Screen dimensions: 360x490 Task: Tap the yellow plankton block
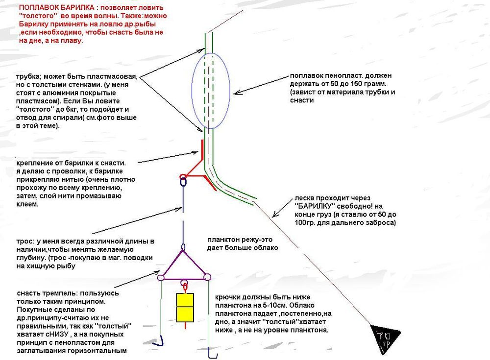(x=184, y=306)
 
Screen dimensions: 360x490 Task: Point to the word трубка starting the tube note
(x=27, y=77)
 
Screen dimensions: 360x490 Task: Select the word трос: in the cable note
(x=25, y=241)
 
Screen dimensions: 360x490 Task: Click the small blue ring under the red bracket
(x=183, y=183)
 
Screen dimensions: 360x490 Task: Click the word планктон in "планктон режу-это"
(x=223, y=240)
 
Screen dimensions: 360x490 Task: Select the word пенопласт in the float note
(x=341, y=76)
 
